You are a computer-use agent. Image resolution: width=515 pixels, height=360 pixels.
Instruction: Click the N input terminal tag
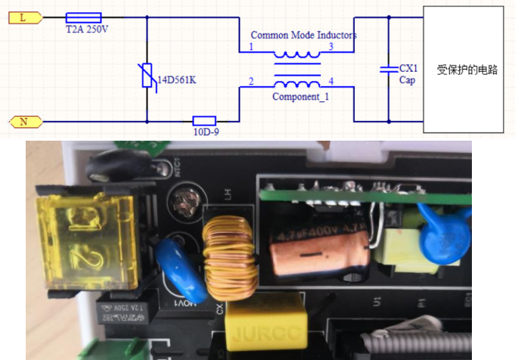tap(23, 121)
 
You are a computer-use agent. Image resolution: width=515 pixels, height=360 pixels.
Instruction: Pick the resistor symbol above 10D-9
tap(204, 120)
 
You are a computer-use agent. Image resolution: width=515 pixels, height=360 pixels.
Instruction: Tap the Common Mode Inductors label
tap(302, 36)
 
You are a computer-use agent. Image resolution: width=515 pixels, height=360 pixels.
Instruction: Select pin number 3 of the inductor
tap(330, 47)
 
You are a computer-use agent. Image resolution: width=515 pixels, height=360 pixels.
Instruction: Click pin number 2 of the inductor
tap(251, 82)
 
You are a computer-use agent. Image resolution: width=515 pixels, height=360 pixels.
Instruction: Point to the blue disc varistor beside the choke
tap(181, 268)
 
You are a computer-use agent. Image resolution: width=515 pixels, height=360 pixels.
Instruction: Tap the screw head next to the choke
tap(182, 201)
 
